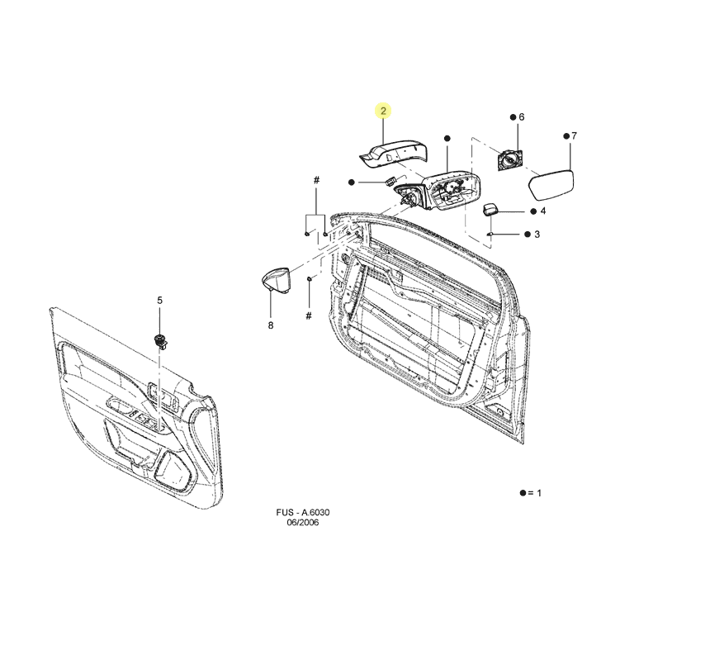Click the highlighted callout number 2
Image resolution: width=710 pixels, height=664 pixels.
(x=384, y=111)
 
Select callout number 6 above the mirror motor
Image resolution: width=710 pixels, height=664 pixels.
(x=522, y=116)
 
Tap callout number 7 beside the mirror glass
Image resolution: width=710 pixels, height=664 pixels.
(x=574, y=136)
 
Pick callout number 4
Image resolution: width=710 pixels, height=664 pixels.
(x=543, y=211)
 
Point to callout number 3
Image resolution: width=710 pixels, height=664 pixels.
(x=537, y=235)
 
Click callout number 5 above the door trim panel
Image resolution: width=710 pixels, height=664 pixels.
(x=159, y=301)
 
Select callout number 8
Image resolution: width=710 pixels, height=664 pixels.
(x=271, y=325)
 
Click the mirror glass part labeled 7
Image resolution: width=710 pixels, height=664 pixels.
(x=551, y=185)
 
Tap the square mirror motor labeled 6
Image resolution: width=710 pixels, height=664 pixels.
(x=510, y=160)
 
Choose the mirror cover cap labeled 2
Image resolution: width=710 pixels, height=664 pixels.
(x=393, y=154)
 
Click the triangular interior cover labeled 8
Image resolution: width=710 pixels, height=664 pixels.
(x=277, y=281)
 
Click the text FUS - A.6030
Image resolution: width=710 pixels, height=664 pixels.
(x=303, y=512)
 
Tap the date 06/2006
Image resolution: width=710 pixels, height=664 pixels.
(x=303, y=522)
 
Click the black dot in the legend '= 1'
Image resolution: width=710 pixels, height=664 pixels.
(x=523, y=493)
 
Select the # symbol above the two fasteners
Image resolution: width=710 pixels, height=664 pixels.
(x=316, y=180)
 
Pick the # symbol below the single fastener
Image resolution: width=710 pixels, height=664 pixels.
(x=309, y=315)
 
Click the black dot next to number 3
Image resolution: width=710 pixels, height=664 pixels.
(x=528, y=235)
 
